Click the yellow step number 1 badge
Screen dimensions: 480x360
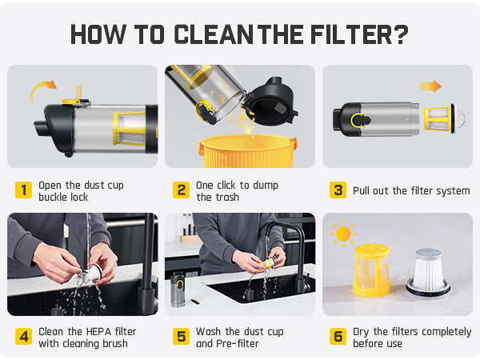(x=23, y=190)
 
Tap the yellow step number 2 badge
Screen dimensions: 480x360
(x=182, y=190)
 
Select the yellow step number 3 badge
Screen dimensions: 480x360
(x=338, y=190)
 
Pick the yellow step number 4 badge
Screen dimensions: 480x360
(x=23, y=337)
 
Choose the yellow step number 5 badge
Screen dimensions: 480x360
(x=182, y=337)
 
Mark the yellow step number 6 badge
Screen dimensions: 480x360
(x=338, y=337)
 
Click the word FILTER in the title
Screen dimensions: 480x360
(x=351, y=34)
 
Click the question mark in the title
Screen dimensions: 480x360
(x=401, y=34)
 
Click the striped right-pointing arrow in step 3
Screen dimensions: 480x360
(x=430, y=86)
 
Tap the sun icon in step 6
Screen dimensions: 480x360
(x=343, y=234)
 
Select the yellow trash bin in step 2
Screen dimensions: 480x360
(x=247, y=151)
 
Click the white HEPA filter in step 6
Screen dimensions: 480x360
(x=428, y=274)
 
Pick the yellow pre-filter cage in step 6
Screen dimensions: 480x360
(x=372, y=270)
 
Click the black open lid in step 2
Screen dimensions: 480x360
(x=270, y=102)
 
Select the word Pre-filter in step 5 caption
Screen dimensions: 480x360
(x=237, y=343)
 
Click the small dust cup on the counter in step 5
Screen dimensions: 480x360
(x=178, y=290)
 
